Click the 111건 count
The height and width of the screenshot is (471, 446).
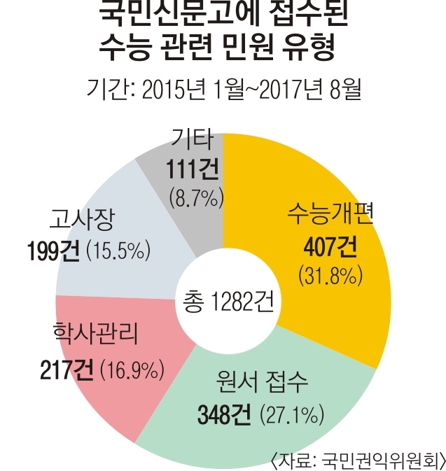(190, 168)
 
